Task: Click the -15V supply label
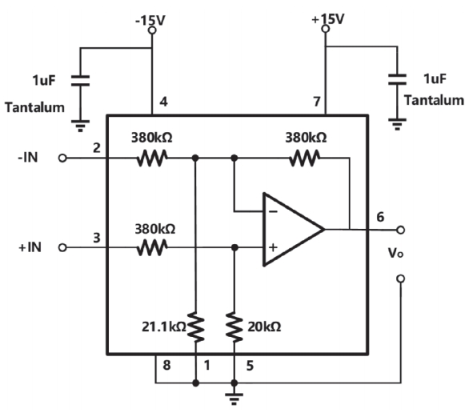click(150, 21)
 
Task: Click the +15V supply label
click(327, 19)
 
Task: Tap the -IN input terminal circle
click(62, 158)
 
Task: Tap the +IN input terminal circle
click(62, 248)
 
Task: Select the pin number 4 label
click(163, 102)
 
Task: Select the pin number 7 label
click(316, 102)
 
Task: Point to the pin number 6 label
click(380, 217)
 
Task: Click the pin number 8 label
click(166, 365)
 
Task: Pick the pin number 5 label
click(250, 366)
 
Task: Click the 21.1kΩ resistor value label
click(164, 327)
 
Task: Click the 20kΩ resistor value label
click(264, 327)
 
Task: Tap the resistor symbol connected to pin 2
click(152, 158)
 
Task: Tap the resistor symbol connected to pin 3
click(152, 248)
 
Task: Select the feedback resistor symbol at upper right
click(304, 158)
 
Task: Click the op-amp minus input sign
click(273, 211)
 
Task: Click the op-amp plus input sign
click(273, 247)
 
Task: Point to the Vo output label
click(395, 253)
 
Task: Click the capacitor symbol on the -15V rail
click(80, 81)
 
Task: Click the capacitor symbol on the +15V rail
click(397, 79)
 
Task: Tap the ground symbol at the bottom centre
click(234, 399)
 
